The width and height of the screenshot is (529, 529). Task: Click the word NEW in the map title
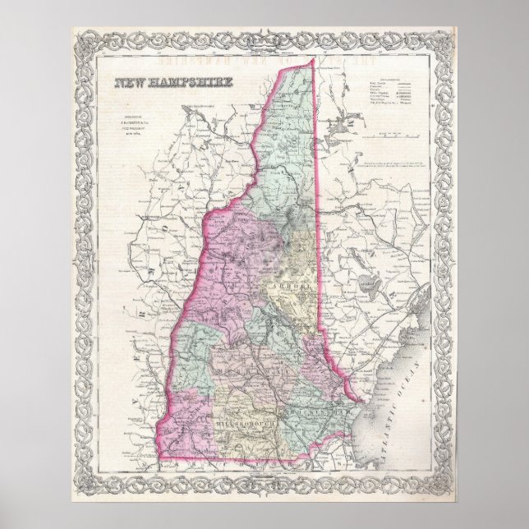[x=131, y=83]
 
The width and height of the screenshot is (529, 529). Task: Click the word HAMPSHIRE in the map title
[x=191, y=83]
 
